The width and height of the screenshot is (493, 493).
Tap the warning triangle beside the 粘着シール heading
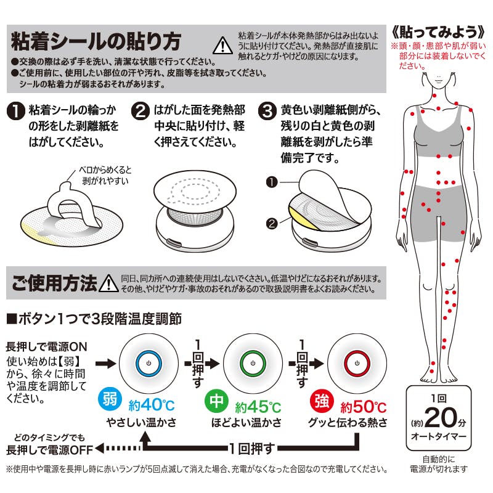(219, 45)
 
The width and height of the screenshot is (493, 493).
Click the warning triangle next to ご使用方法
(109, 283)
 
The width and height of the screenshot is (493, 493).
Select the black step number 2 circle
(141, 112)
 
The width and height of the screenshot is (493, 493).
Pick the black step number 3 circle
(267, 112)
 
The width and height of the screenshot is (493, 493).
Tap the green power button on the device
(252, 364)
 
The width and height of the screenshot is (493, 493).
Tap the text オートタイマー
(439, 438)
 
